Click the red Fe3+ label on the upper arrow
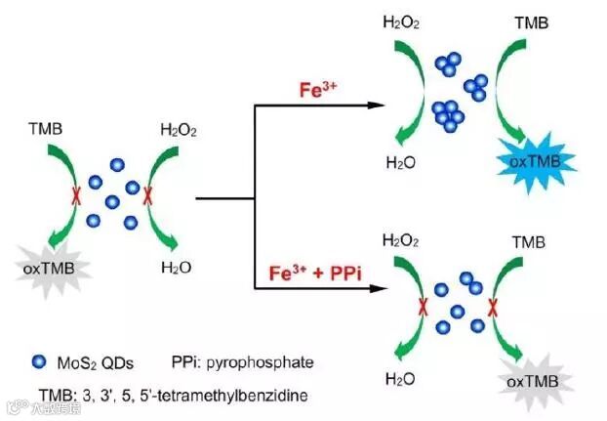pos(318,90)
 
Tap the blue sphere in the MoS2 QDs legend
pos(37,363)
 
